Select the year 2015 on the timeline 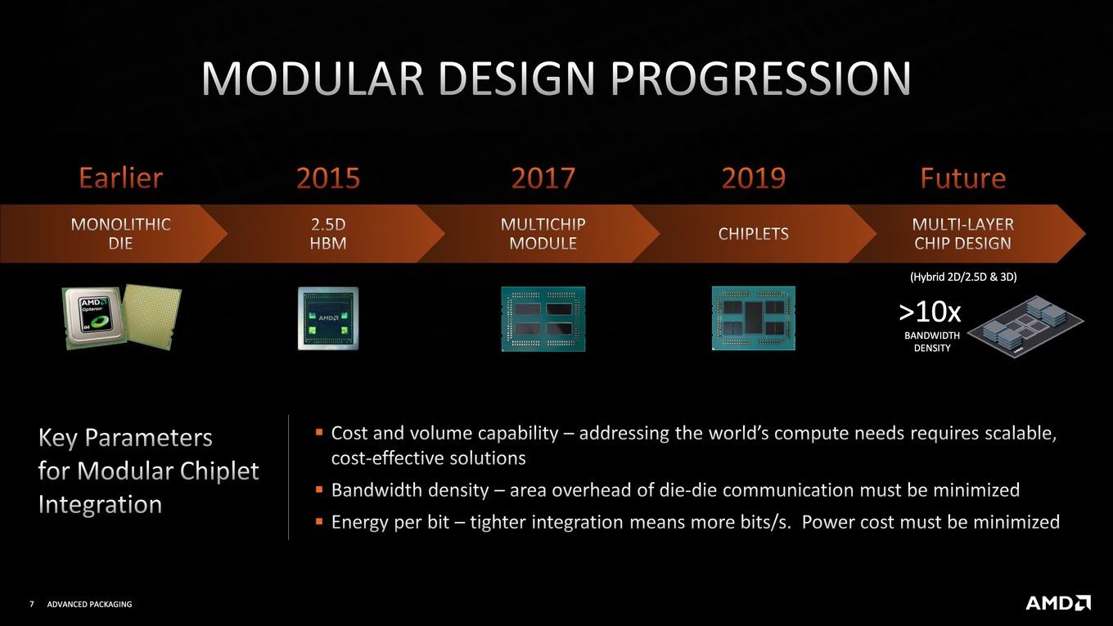tap(328, 178)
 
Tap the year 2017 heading tap(543, 178)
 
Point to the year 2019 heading tap(753, 178)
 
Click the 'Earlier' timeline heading tap(121, 178)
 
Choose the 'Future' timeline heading tap(963, 178)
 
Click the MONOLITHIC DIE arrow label tap(121, 233)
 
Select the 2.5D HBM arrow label tap(328, 233)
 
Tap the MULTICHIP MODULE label tap(543, 233)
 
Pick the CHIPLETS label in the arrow tap(753, 233)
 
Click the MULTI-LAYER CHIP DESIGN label tap(963, 233)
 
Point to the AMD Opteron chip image tap(121, 317)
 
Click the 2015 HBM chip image tap(328, 318)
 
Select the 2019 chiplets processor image tap(753, 318)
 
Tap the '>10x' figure tap(930, 313)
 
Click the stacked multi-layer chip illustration tap(1025, 327)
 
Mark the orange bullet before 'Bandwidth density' tap(319, 490)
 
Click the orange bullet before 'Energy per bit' tap(319, 522)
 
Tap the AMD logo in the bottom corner tap(1058, 602)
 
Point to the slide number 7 tap(32, 604)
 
